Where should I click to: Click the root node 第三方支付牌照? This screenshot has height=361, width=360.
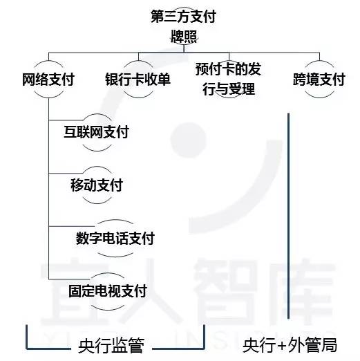[x=184, y=26]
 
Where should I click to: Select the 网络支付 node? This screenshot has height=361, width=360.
[x=48, y=80]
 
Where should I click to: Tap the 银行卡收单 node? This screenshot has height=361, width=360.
[x=138, y=80]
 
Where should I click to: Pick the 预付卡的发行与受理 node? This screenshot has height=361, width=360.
[x=229, y=79]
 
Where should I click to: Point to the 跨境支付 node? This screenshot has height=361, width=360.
[x=319, y=80]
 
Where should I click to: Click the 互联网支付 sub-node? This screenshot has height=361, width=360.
[x=97, y=132]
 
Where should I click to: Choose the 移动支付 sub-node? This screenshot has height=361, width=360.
[x=97, y=185]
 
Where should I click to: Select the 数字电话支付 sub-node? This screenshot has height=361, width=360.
[x=115, y=238]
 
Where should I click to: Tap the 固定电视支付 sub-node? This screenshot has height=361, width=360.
[x=108, y=291]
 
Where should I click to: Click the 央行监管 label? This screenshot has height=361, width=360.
[x=111, y=345]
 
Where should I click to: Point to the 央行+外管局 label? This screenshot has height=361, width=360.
[x=290, y=345]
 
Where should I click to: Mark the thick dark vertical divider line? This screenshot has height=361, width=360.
[x=288, y=216]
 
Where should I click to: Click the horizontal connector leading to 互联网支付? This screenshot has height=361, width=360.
[x=66, y=120]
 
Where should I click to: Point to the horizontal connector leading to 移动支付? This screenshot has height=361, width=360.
[x=66, y=173]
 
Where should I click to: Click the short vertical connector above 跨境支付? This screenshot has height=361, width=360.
[x=319, y=57]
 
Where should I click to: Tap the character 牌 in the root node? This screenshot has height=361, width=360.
[x=177, y=37]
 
